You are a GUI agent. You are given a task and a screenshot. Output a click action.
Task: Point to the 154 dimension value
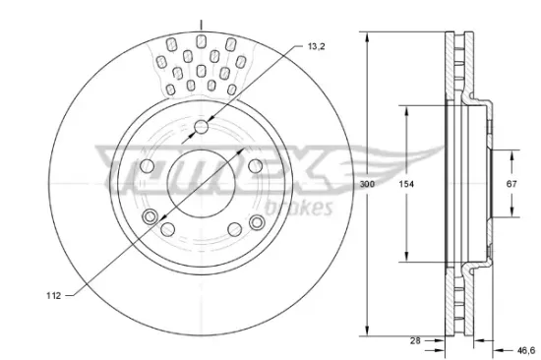(404, 184)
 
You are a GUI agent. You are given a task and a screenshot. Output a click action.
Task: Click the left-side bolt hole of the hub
(146, 165)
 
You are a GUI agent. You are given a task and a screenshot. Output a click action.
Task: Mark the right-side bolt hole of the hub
(254, 165)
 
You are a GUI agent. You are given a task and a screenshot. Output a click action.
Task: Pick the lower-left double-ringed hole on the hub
(150, 217)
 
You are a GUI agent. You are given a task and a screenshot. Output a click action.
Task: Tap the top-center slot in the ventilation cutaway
(200, 40)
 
